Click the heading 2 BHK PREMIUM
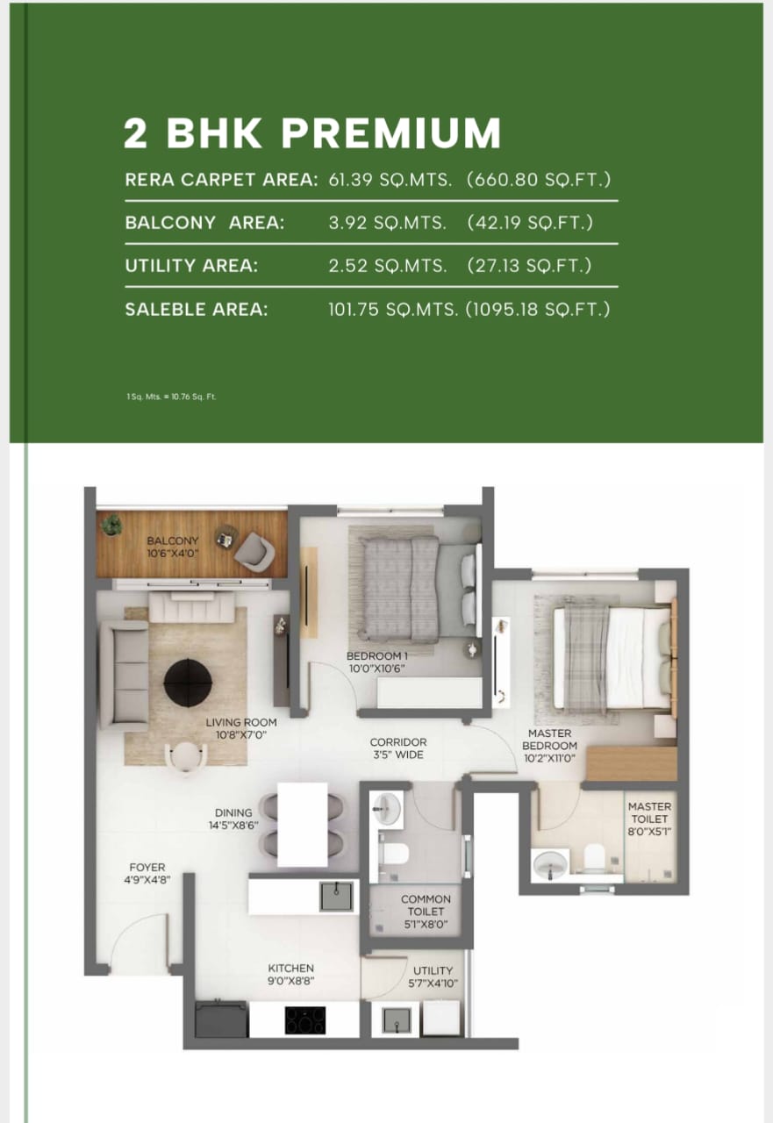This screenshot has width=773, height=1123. click(312, 133)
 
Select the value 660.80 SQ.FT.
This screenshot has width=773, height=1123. click(539, 180)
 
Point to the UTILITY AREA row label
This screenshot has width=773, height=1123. click(191, 266)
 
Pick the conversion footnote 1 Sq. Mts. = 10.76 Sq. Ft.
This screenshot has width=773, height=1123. click(171, 397)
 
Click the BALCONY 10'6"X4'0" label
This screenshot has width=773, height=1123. click(173, 547)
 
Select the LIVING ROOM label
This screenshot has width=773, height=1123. click(235, 728)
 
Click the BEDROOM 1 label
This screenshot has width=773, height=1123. click(376, 662)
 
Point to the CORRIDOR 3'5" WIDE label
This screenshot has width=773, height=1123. click(397, 748)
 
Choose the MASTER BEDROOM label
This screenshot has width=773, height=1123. click(550, 746)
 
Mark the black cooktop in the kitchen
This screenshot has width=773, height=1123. click(304, 1019)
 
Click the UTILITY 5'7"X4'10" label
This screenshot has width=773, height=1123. click(433, 976)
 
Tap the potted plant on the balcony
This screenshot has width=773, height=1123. click(111, 525)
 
